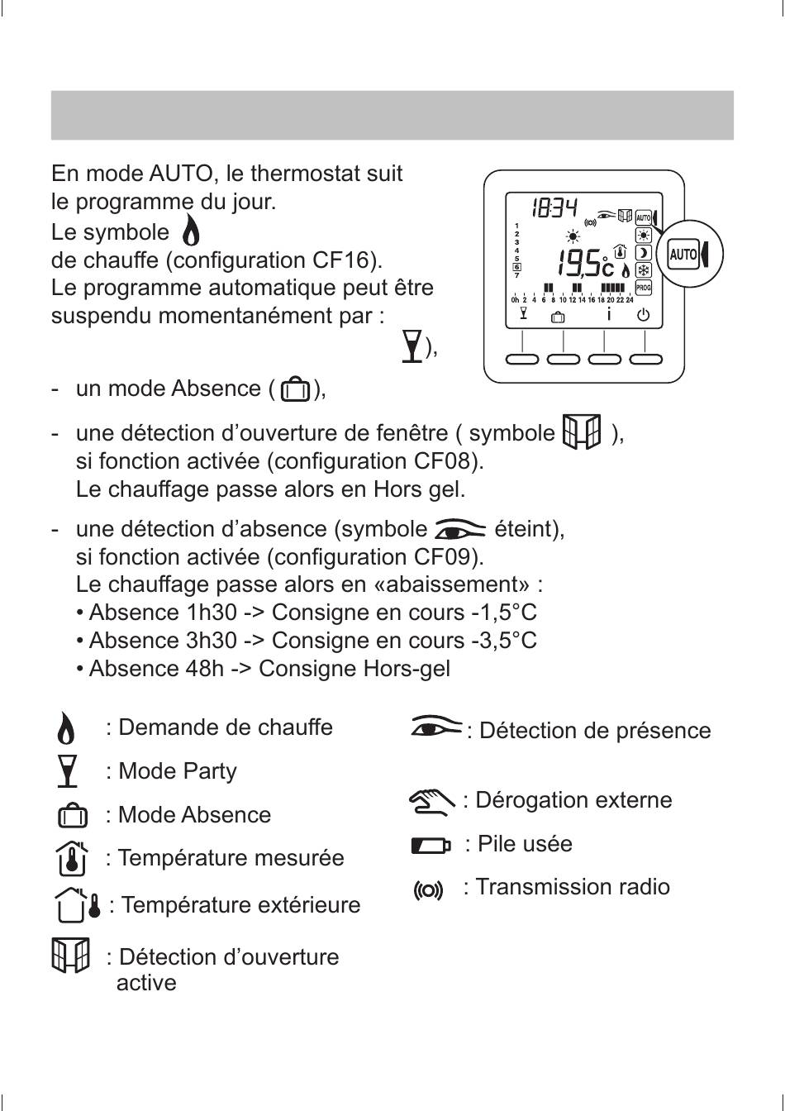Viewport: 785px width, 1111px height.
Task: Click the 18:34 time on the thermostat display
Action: click(x=554, y=207)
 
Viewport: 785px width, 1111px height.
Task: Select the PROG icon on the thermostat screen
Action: click(x=643, y=288)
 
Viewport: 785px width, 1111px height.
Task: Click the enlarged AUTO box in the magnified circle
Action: click(x=683, y=254)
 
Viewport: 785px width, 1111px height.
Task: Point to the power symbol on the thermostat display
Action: click(x=644, y=315)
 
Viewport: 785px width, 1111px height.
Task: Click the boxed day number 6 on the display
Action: click(x=516, y=266)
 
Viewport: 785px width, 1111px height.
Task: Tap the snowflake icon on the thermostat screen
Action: click(x=643, y=270)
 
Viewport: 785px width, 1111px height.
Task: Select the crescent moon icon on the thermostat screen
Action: click(x=643, y=253)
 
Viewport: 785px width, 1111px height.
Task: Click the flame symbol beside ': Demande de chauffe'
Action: click(x=68, y=728)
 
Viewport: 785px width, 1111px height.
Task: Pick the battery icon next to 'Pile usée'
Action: click(x=431, y=845)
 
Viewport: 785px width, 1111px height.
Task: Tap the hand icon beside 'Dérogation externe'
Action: click(x=431, y=800)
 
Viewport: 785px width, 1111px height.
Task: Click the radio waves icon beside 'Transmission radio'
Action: click(x=428, y=890)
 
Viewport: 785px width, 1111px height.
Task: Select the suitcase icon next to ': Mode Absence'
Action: click(x=72, y=816)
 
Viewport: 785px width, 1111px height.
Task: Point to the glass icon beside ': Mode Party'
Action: click(x=69, y=771)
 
